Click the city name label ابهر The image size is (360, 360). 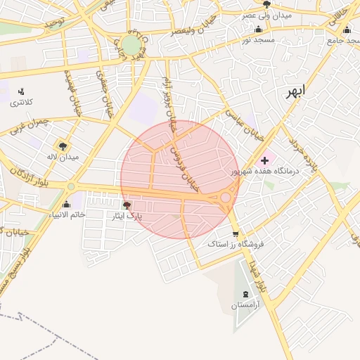click(x=296, y=92)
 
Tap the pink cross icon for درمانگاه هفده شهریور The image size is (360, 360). click(x=264, y=160)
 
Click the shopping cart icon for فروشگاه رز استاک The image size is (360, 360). click(x=235, y=234)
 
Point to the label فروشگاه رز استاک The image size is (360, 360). click(x=236, y=244)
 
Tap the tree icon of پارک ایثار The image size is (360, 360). click(x=127, y=205)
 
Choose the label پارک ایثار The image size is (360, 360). click(x=128, y=216)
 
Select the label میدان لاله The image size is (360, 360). click(x=62, y=156)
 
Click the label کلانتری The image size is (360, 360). click(x=21, y=103)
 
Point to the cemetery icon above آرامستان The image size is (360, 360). click(x=245, y=294)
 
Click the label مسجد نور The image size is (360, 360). click(x=259, y=40)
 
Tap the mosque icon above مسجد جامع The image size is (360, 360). click(x=347, y=30)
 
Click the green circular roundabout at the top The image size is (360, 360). click(x=131, y=45)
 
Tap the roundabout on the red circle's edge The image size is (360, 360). click(x=225, y=198)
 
